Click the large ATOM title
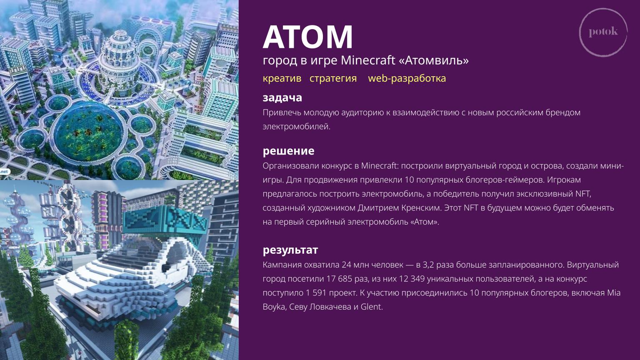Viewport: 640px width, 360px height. click(x=308, y=37)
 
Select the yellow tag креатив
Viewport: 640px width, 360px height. click(x=282, y=78)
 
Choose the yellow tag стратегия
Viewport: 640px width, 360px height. click(x=333, y=78)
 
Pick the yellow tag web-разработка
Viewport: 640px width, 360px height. click(x=407, y=78)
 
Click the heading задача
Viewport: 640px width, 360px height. click(x=282, y=98)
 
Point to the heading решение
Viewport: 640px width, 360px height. click(x=289, y=151)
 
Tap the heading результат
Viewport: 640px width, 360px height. click(x=290, y=250)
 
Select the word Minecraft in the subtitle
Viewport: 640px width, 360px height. click(x=368, y=60)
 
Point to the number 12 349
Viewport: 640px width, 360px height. click(x=412, y=279)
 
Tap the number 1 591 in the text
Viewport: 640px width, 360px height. click(x=316, y=292)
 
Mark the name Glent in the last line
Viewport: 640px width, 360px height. click(x=371, y=307)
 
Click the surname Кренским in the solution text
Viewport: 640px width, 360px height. click(x=421, y=208)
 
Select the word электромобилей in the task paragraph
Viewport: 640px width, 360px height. click(x=296, y=126)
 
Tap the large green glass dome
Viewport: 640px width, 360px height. click(x=89, y=131)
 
